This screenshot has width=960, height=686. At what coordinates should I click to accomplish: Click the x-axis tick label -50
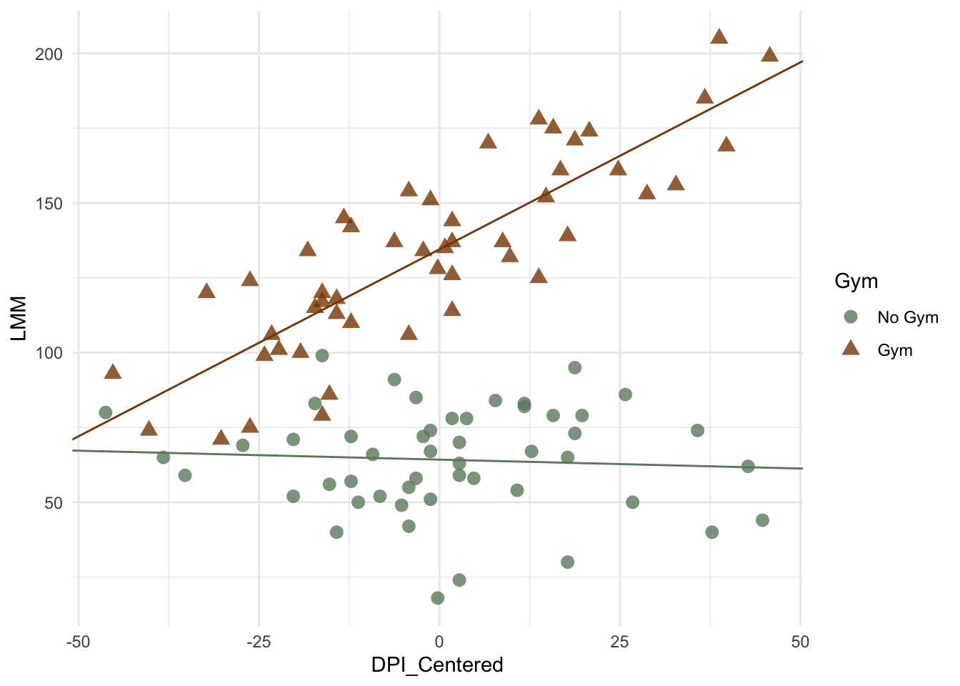pyautogui.click(x=78, y=642)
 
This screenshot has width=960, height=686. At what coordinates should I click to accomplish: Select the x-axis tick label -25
pyautogui.click(x=259, y=642)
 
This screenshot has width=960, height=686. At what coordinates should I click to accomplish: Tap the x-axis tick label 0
pyautogui.click(x=439, y=642)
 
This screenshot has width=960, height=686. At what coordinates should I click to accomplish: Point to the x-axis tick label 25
pyautogui.click(x=620, y=642)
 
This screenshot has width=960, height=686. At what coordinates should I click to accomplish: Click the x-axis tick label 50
pyautogui.click(x=801, y=642)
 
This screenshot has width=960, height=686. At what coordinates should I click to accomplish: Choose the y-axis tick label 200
pyautogui.click(x=49, y=54)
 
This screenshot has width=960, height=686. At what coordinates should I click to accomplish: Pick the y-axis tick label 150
pyautogui.click(x=49, y=204)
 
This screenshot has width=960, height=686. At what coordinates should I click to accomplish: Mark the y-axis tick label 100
pyautogui.click(x=49, y=353)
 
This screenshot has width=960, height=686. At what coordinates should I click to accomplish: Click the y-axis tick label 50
pyautogui.click(x=54, y=502)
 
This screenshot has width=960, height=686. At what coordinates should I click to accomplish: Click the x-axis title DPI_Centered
pyautogui.click(x=437, y=665)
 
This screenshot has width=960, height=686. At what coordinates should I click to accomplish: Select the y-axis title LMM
pyautogui.click(x=19, y=318)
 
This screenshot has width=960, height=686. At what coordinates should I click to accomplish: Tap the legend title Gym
pyautogui.click(x=856, y=282)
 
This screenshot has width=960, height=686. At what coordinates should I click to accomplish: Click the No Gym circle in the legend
pyautogui.click(x=850, y=317)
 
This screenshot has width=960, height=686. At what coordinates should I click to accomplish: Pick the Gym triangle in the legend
pyautogui.click(x=850, y=349)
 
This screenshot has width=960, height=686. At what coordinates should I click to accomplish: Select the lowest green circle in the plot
pyautogui.click(x=438, y=598)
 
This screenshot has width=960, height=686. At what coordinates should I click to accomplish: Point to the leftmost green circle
pyautogui.click(x=106, y=412)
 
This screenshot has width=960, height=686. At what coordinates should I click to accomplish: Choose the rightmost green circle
pyautogui.click(x=762, y=520)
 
